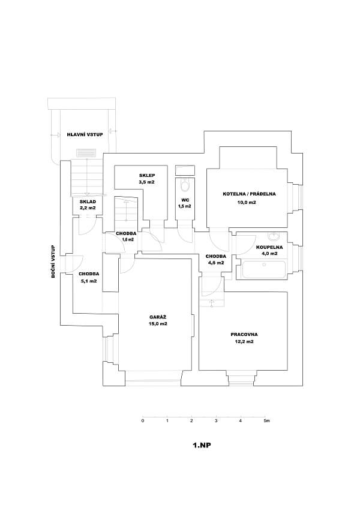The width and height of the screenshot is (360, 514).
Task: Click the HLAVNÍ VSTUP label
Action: coord(84,135)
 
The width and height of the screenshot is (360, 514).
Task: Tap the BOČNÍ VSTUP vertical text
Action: coord(53,261)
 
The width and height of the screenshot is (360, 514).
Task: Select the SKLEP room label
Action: coord(147,175)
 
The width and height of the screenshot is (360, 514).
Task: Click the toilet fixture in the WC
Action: coord(185,185)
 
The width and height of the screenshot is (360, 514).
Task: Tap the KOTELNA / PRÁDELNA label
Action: coord(248,194)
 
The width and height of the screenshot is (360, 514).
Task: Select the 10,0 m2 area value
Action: coord(247,203)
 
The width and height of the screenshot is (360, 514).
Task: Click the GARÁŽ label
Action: coord(158,317)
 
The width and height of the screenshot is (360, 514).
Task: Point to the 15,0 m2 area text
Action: coord(158,324)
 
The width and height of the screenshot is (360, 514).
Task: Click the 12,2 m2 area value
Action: coord(244,342)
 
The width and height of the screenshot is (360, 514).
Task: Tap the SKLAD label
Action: coord(88,202)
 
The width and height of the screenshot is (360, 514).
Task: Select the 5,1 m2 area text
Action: coord(88,281)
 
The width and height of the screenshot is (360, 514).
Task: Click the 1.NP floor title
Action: coord(202,446)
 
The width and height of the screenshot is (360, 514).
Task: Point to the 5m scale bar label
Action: coord(267,421)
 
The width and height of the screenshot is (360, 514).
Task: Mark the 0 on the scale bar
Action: coord(143,421)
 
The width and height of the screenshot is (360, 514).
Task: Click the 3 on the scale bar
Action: coord(216,421)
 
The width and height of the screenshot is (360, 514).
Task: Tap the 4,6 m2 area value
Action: coord(215,263)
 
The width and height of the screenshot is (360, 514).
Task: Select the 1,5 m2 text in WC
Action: coord(184,206)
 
